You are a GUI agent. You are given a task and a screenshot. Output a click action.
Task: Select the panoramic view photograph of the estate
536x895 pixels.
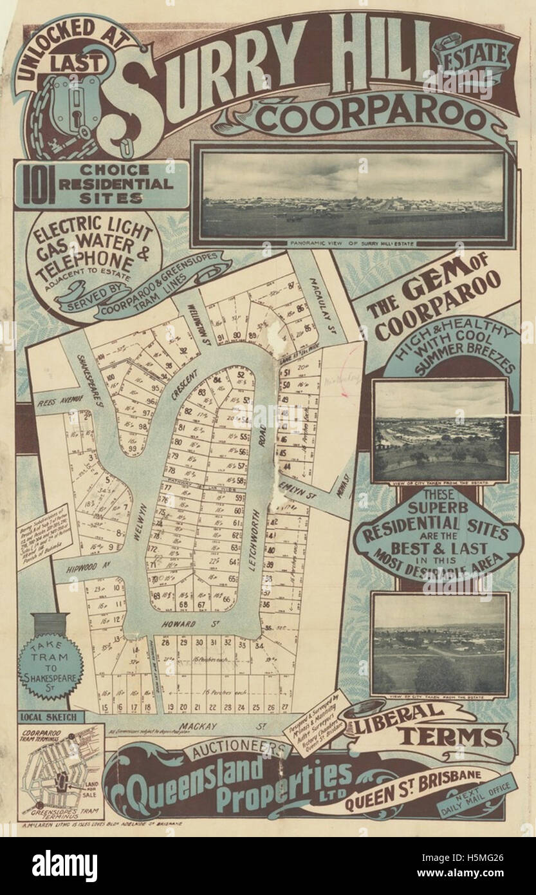click(x=353, y=194)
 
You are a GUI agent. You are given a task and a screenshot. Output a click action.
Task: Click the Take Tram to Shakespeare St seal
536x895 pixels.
click(x=45, y=670)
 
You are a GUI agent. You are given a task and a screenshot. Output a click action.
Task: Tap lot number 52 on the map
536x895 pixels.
click(x=241, y=375)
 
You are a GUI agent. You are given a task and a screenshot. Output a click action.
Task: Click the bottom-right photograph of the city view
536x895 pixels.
click(x=439, y=644)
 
